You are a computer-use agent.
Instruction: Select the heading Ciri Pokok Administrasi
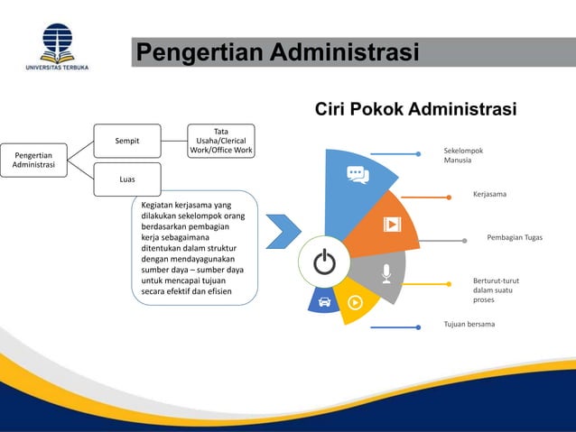(x=415, y=110)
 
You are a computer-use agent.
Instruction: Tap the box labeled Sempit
(x=126, y=141)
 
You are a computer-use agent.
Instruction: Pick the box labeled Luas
(x=126, y=179)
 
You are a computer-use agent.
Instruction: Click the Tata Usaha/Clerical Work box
(x=220, y=141)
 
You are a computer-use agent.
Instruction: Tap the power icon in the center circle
(x=324, y=262)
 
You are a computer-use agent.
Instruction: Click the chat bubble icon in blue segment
(x=358, y=175)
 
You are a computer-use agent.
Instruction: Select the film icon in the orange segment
(x=392, y=224)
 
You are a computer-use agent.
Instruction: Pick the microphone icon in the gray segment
(x=386, y=272)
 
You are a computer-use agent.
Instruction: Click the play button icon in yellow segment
(x=355, y=302)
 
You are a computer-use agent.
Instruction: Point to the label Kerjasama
(x=489, y=194)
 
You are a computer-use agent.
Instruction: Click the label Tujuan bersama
(x=469, y=324)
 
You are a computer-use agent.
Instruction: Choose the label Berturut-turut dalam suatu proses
(x=496, y=290)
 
